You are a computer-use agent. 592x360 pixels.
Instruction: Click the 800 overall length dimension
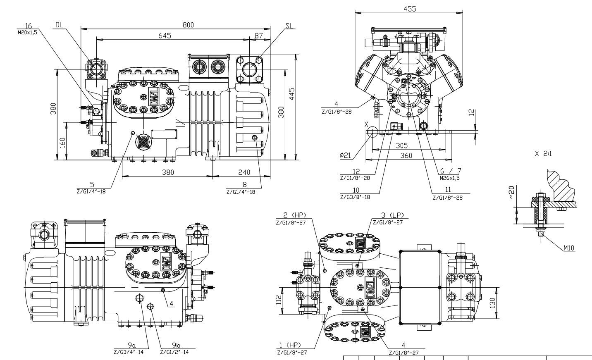[188, 25]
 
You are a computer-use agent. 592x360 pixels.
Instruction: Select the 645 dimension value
[165, 36]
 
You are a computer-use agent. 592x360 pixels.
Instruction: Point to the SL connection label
[289, 25]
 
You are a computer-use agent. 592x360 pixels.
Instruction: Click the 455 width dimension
[410, 9]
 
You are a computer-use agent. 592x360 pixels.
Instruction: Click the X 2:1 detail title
[543, 153]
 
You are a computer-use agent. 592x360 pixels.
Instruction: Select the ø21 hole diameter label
[345, 155]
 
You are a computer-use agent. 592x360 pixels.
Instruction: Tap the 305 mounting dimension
[401, 145]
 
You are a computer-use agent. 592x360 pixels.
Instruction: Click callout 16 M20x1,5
[27, 29]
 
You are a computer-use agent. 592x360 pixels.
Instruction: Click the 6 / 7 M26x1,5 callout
[450, 174]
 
